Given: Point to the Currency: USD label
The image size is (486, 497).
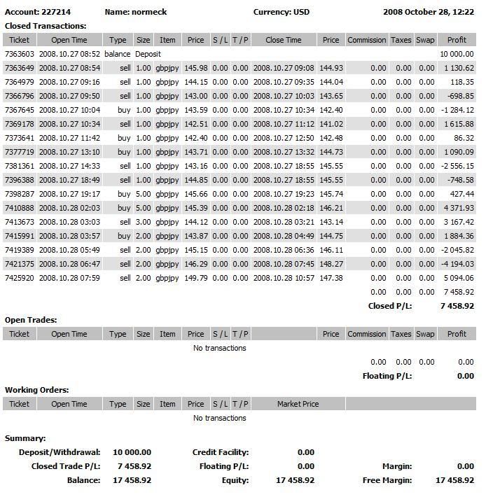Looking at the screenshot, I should point(281,12).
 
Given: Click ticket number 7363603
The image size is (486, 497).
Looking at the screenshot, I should point(19,54).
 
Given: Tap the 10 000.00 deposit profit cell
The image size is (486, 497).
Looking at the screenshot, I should point(457,54).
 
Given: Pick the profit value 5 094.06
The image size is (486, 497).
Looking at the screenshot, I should point(459,278).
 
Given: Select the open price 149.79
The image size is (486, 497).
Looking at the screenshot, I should point(195,278).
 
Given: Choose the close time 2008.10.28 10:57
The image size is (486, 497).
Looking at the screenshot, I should point(284,278).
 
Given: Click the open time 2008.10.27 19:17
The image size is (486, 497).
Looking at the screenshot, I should point(69,194).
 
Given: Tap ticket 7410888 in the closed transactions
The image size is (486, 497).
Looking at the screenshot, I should point(19,208).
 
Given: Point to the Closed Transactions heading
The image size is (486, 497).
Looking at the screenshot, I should point(46,26).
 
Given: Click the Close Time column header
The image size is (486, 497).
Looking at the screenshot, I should point(284,40).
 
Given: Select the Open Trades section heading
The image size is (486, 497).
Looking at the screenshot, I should point(31,320).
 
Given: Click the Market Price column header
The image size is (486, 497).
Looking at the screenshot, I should point(298,404).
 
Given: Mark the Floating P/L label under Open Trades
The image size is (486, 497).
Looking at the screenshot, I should point(387,376).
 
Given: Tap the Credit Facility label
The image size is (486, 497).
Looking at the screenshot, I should point(220,452).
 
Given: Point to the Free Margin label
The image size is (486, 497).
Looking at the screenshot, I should point(387,480).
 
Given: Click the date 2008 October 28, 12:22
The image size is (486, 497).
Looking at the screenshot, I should point(429,12).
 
